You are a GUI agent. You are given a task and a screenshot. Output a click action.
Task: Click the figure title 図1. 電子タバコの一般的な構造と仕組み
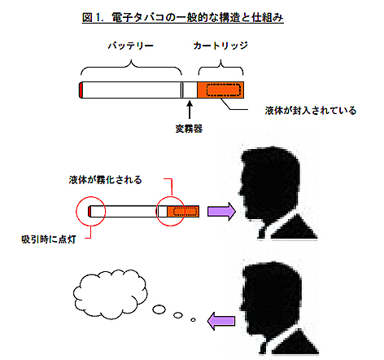183,18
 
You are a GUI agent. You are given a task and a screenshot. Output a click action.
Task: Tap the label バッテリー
131,46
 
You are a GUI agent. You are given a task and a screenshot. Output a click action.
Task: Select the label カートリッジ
220,46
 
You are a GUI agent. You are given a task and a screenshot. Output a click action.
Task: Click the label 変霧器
189,129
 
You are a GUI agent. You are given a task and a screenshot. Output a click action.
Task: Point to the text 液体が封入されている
311,111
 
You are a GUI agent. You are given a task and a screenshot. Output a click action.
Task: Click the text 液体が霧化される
106,180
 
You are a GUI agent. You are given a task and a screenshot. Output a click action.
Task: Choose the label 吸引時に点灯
49,239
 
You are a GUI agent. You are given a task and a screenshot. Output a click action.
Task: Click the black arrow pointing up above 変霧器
190,110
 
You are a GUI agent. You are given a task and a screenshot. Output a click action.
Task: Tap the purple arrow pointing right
221,212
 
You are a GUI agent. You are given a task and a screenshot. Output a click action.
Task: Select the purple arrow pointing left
221,321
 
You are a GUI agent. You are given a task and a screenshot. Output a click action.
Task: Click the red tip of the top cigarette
81,90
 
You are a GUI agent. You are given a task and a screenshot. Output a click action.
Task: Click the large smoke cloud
110,294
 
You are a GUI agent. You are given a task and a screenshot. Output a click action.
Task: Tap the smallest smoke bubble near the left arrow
193,320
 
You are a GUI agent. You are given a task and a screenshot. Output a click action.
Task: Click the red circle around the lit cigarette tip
90,197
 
